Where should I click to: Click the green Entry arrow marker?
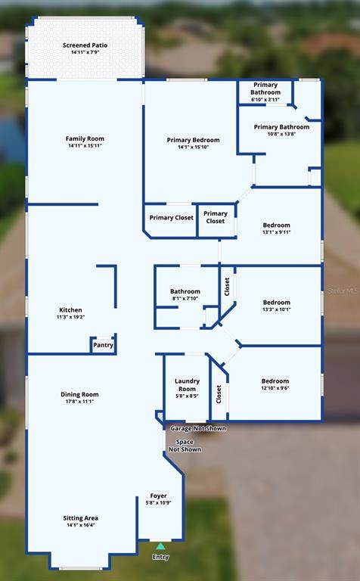click(x=160, y=545)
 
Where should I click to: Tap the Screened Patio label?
click(x=85, y=45)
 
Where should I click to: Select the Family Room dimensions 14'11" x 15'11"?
click(x=85, y=145)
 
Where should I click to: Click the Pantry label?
click(x=103, y=345)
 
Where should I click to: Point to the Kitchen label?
click(x=71, y=309)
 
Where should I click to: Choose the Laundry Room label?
click(x=187, y=385)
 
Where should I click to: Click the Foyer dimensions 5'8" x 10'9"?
click(x=159, y=503)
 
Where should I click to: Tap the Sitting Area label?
click(x=81, y=518)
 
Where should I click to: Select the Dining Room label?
click(x=79, y=394)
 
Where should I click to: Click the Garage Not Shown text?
click(x=198, y=428)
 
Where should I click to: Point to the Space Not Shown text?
click(x=185, y=446)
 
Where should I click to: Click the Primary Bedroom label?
click(x=194, y=140)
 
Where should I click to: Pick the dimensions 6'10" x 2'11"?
click(x=265, y=99)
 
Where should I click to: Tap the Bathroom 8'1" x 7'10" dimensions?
click(x=185, y=298)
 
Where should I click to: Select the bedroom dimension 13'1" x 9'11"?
click(x=277, y=232)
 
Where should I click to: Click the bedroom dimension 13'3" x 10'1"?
click(x=277, y=309)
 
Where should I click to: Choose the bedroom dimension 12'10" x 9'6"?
click(x=275, y=388)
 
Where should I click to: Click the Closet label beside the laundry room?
click(x=219, y=394)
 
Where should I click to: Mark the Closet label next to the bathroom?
click(x=227, y=287)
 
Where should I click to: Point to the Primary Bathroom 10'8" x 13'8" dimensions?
click(x=282, y=134)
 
